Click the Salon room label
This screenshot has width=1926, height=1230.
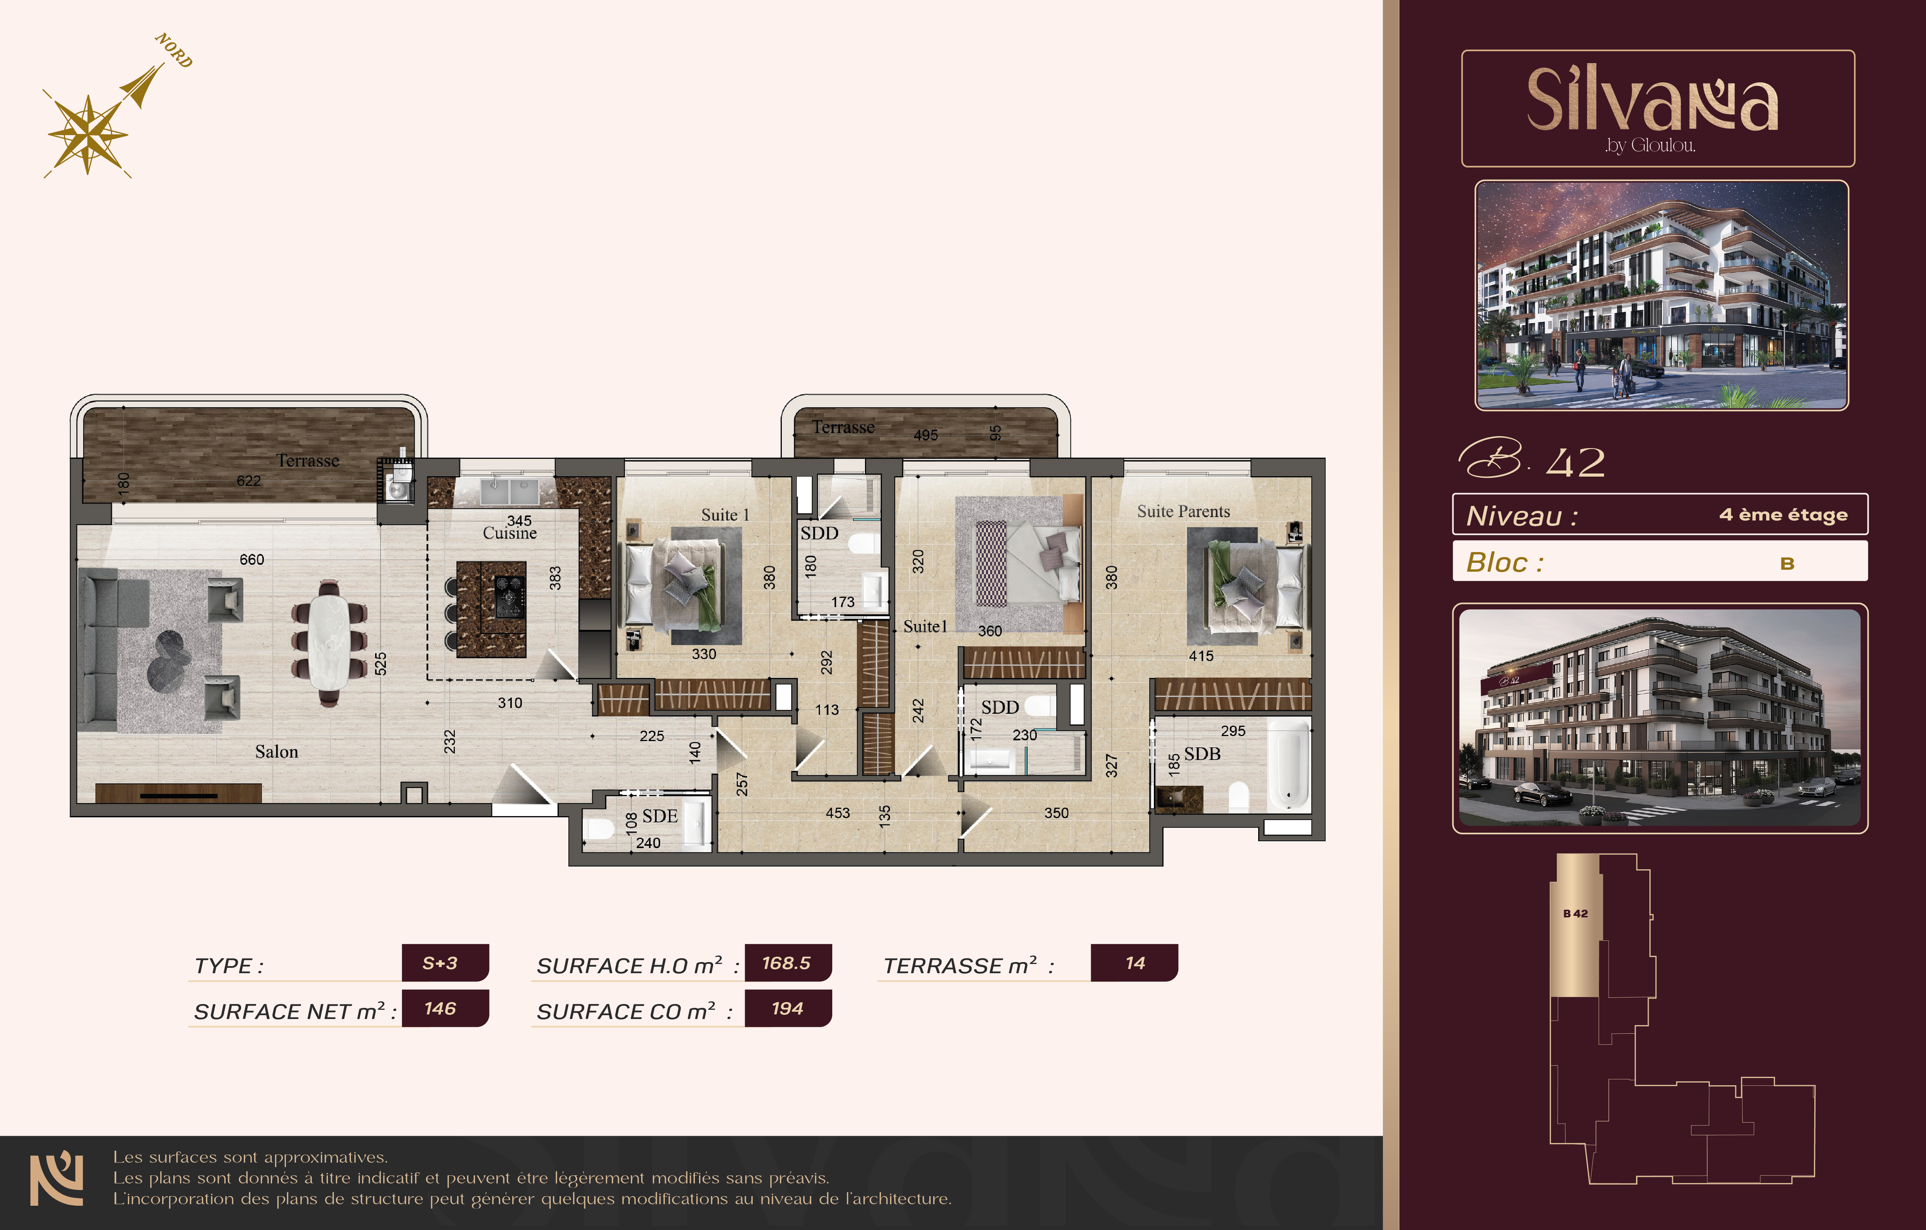point(277,752)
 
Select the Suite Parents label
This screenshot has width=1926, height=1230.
point(1184,511)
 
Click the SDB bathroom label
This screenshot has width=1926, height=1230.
point(1202,753)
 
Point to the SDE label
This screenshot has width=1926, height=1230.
point(660,816)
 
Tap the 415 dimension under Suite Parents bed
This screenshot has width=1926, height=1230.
point(1201,656)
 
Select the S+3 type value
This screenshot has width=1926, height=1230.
point(440,963)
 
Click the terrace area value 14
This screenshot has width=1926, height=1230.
point(1135,963)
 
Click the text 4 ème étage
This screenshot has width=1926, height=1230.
point(1784,514)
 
